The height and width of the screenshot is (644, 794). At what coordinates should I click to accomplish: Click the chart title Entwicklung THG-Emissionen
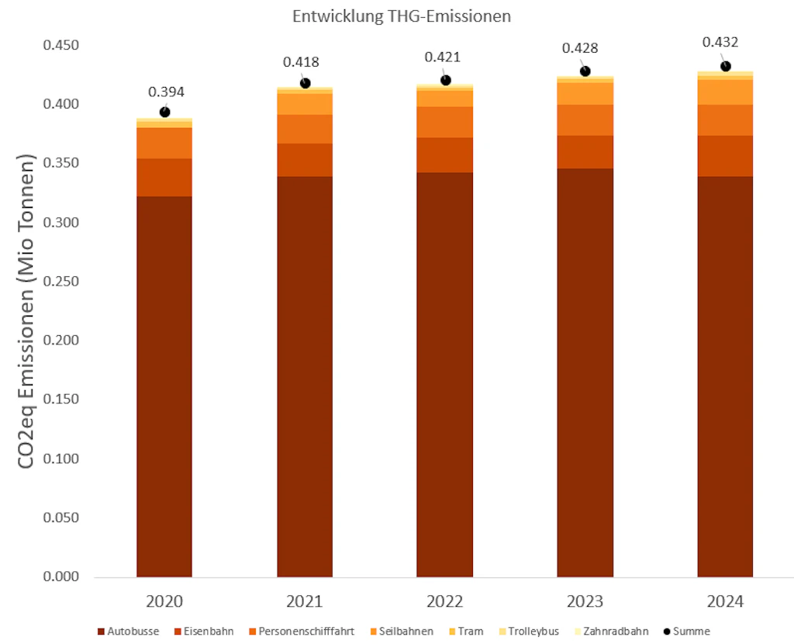pyautogui.click(x=401, y=16)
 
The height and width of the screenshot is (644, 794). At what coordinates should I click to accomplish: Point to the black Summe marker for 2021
pyautogui.click(x=305, y=83)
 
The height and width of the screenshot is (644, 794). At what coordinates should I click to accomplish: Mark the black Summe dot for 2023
pyautogui.click(x=585, y=71)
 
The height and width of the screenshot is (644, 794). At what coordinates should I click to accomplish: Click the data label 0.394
pyautogui.click(x=166, y=92)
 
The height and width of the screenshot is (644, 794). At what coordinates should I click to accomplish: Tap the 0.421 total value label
pyautogui.click(x=444, y=57)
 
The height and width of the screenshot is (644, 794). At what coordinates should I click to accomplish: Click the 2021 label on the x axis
pyautogui.click(x=305, y=602)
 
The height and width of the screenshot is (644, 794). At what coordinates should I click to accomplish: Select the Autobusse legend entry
pyautogui.click(x=129, y=632)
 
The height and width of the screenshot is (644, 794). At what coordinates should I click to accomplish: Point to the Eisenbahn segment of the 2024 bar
pyautogui.click(x=725, y=156)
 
